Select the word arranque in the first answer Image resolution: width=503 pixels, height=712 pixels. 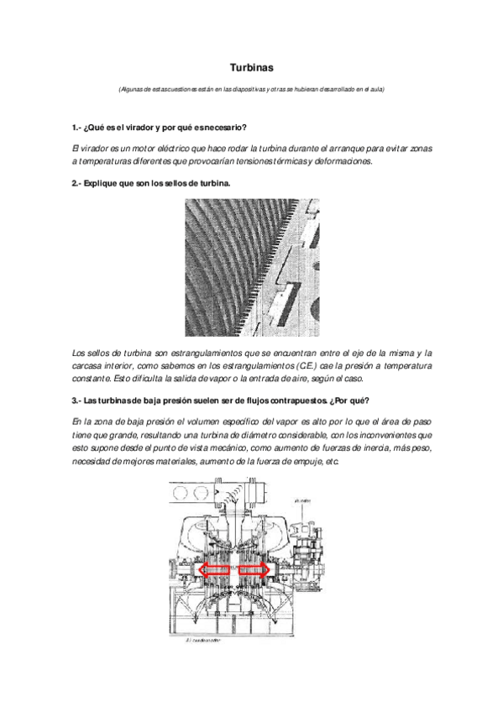338,148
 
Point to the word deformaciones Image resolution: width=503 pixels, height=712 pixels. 346,161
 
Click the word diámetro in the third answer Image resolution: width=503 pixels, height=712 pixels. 238,436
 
